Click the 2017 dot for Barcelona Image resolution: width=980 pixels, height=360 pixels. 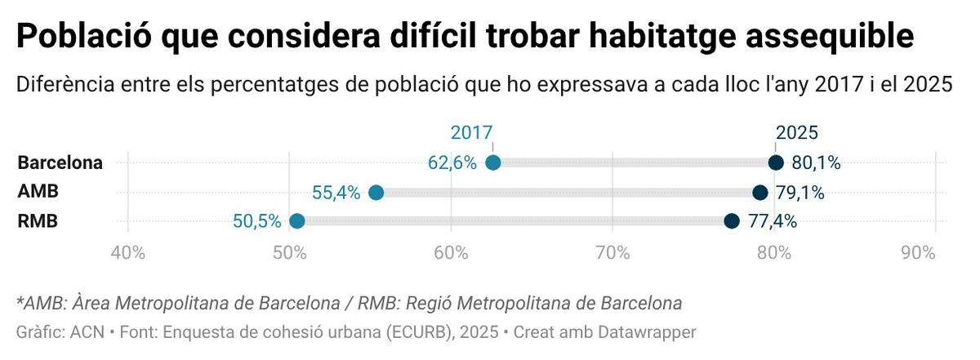[492, 162]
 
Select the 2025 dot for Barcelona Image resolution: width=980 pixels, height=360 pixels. [776, 162]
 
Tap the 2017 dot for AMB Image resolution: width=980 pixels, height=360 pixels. [376, 193]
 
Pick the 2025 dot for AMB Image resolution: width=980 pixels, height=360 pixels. [759, 193]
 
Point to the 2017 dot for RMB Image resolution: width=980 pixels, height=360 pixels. [297, 221]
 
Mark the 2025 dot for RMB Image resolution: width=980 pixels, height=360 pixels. [732, 221]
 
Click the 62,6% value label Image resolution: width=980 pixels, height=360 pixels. [452, 162]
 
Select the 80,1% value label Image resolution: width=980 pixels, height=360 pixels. [816, 162]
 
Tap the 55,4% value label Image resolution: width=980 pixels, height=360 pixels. [336, 193]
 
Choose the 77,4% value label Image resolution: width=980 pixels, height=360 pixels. [773, 221]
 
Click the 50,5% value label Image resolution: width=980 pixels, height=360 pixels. [256, 221]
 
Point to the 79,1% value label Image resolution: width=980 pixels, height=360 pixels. [800, 193]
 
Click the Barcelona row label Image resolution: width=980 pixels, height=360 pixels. [60, 162]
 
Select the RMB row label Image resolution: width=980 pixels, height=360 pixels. [38, 221]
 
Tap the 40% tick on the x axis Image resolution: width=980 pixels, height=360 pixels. [127, 253]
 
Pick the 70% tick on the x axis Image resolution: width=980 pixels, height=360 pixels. [612, 253]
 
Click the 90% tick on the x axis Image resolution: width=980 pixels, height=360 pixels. [917, 253]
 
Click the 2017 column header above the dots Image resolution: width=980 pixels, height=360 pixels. [472, 133]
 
